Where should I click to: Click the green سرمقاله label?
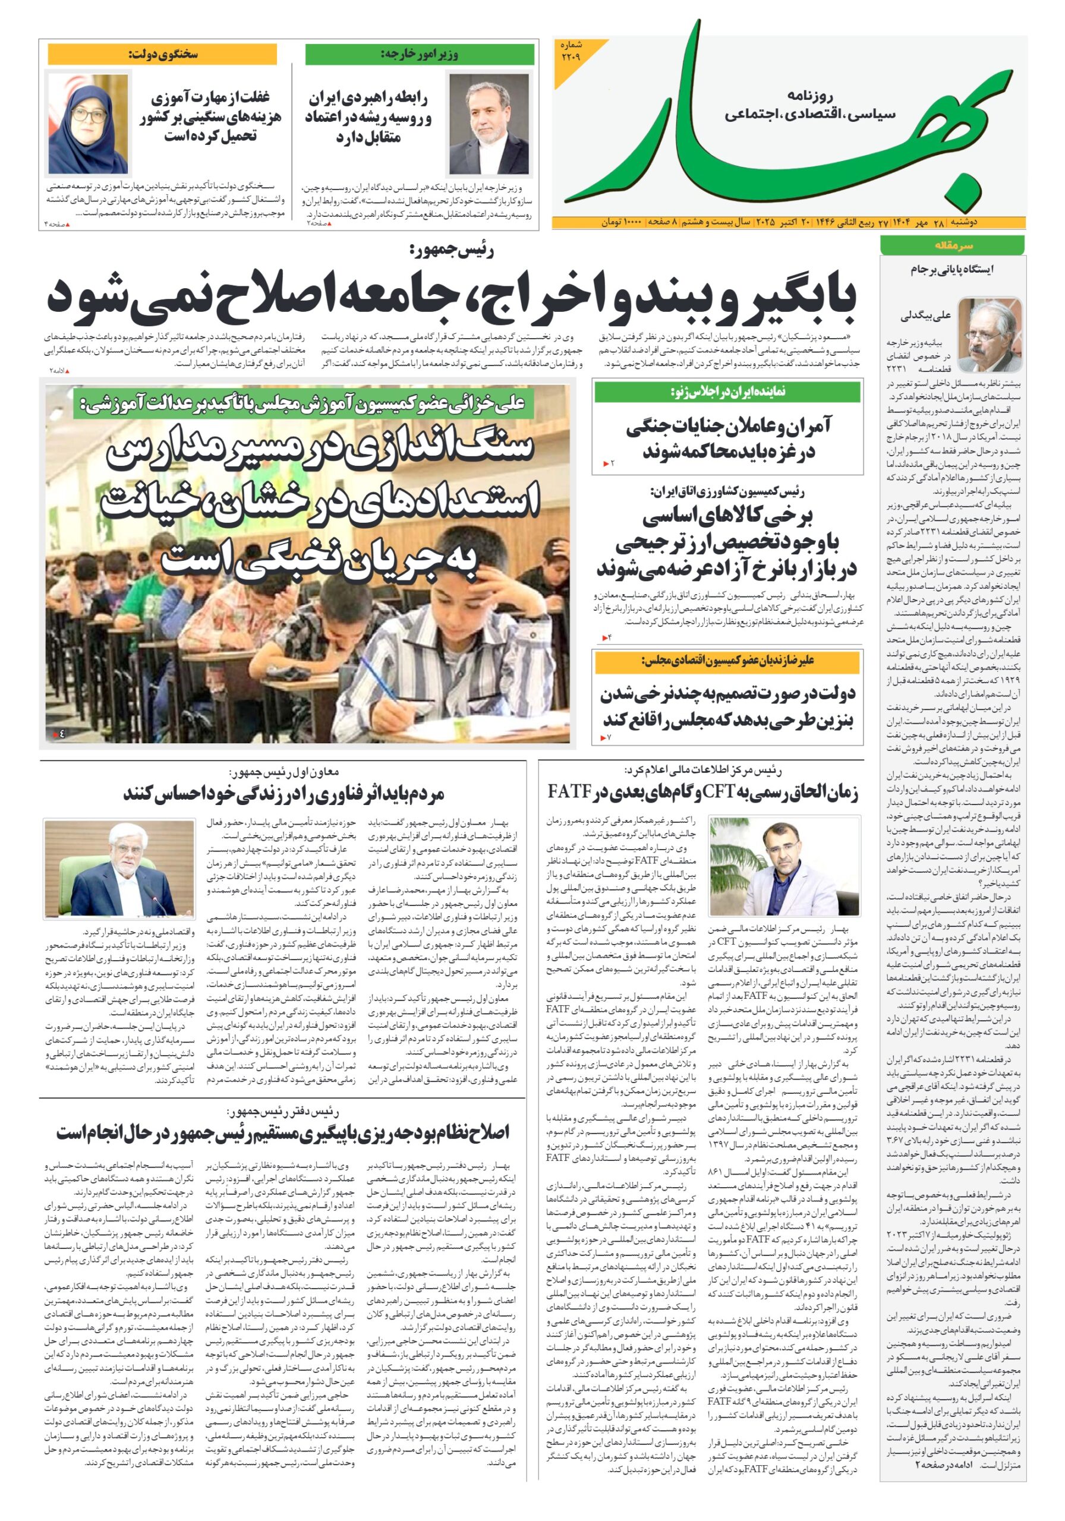point(951,245)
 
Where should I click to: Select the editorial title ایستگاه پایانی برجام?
point(951,270)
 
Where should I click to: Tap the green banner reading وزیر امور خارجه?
point(420,54)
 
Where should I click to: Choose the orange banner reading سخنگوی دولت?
point(162,54)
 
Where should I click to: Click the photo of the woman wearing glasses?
point(87,122)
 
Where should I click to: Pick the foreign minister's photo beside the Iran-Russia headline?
point(490,123)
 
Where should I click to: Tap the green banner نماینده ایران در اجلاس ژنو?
point(727,392)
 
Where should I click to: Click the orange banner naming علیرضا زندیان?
point(727,661)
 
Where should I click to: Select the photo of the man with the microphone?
point(119,868)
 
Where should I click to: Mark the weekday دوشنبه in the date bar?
point(1007,223)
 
